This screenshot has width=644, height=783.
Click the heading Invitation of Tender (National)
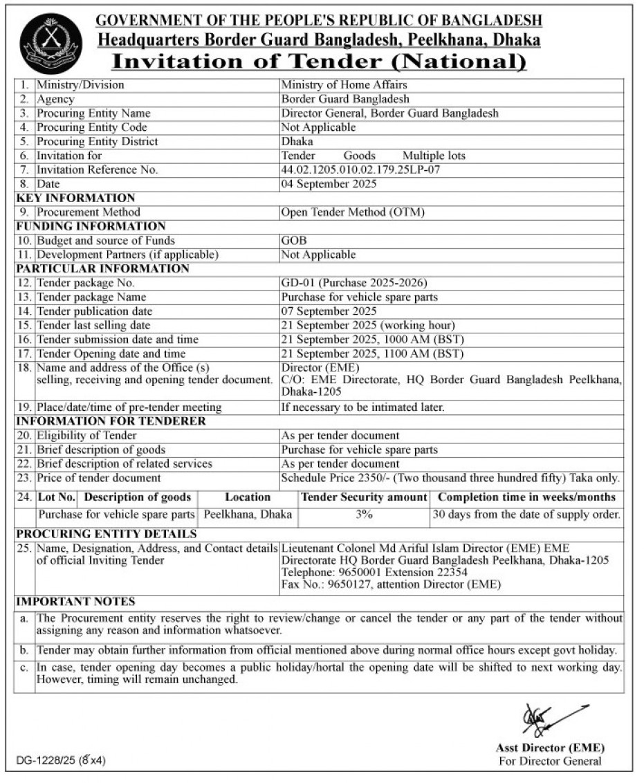click(x=319, y=62)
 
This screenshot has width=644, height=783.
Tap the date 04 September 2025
click(x=329, y=184)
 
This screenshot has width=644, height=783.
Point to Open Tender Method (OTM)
click(x=353, y=212)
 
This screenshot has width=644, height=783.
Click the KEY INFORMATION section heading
click(x=75, y=199)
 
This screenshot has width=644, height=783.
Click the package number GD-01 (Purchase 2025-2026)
click(x=354, y=283)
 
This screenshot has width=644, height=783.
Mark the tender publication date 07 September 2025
click(x=329, y=311)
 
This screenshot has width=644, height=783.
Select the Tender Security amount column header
click(x=364, y=497)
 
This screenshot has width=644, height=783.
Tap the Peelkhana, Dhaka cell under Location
click(x=248, y=515)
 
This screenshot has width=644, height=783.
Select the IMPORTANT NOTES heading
click(x=75, y=602)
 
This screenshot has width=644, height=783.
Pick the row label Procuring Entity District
click(x=98, y=142)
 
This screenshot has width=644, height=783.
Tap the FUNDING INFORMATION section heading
click(x=91, y=226)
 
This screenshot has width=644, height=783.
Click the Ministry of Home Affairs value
click(x=344, y=85)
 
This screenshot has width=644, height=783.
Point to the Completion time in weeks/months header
click(x=526, y=497)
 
